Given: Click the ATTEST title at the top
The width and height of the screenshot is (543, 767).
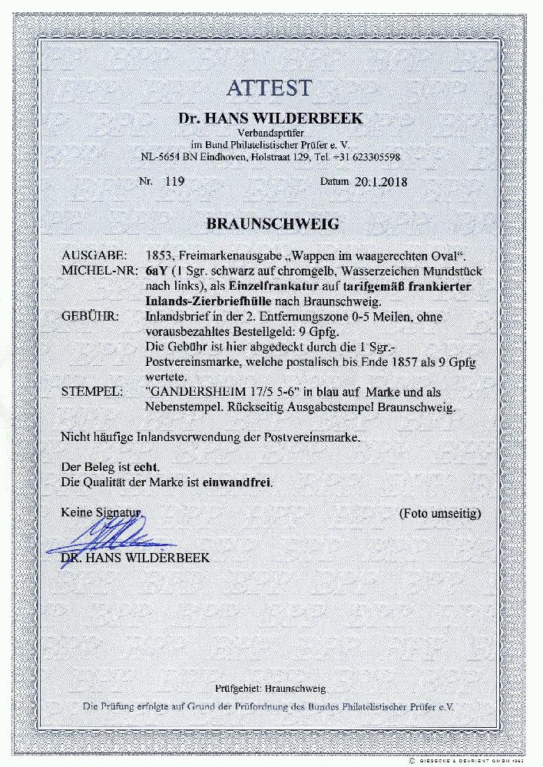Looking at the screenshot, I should click(x=270, y=87).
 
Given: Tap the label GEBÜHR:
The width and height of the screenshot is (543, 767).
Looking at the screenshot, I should click(x=87, y=315).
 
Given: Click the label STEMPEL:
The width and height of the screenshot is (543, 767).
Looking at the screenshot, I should click(x=89, y=392).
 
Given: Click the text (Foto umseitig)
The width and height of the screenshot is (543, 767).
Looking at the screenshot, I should click(x=440, y=512).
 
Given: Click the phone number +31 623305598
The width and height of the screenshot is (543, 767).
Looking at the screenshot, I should click(x=366, y=157).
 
